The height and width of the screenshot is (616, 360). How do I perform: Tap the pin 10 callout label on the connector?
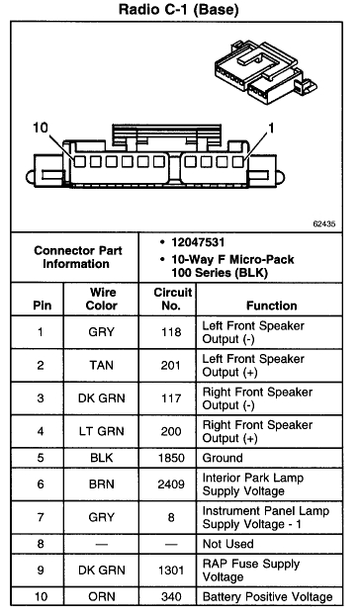point(40,128)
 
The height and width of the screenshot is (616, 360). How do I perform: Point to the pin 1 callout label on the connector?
point(271,128)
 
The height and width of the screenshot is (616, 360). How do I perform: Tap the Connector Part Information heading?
point(78,257)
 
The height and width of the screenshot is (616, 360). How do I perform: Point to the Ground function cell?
point(223,459)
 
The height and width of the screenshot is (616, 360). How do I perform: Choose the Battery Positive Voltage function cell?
point(268,598)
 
